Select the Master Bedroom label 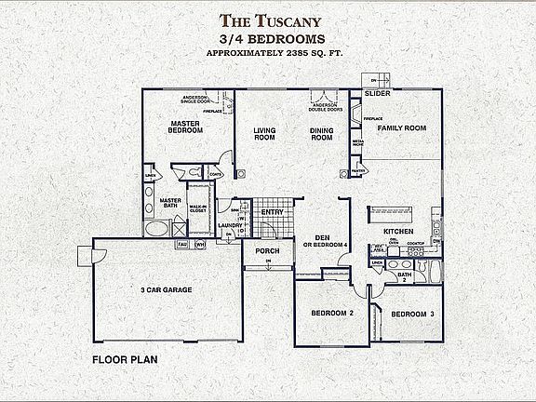click(187, 127)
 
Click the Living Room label click(265, 133)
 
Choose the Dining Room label click(321, 133)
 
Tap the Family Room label click(401, 127)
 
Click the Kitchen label click(398, 230)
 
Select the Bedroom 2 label click(331, 313)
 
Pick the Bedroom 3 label click(412, 315)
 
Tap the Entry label click(272, 212)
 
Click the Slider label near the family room click(377, 94)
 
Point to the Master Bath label click(169, 204)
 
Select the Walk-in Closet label click(198, 209)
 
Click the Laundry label click(230, 225)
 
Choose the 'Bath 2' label click(404, 275)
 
